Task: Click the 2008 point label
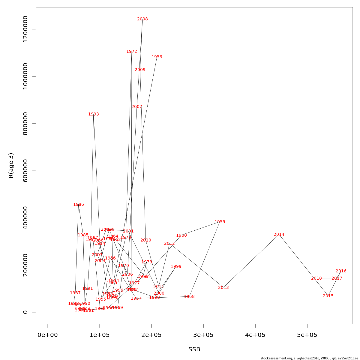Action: click(x=142, y=19)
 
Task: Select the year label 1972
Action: click(x=132, y=52)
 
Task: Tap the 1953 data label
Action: click(x=157, y=57)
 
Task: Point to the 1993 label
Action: click(x=94, y=114)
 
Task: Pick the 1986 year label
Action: click(x=79, y=205)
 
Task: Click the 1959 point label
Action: click(x=220, y=222)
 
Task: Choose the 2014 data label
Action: click(x=279, y=235)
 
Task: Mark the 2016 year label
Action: click(x=341, y=271)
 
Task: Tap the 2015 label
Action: click(x=328, y=296)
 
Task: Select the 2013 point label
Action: click(x=223, y=288)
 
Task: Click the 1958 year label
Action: click(x=189, y=297)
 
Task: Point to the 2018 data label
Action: click(x=316, y=278)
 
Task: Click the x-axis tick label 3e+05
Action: click(x=203, y=335)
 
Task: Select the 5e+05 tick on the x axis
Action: click(x=307, y=335)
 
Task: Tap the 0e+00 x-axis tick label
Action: click(x=48, y=335)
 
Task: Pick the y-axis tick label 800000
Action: click(x=25, y=124)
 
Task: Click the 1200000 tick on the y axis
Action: click(x=25, y=29)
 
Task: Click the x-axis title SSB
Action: click(x=194, y=349)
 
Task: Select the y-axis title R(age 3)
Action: click(x=11, y=165)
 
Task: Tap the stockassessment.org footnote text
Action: click(x=309, y=358)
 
